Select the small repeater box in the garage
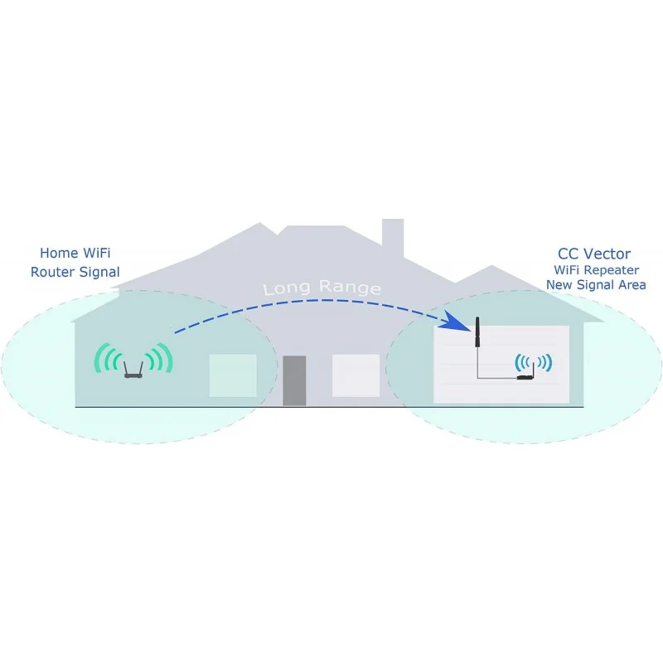(x=524, y=378)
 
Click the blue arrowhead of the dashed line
(x=453, y=322)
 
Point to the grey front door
(x=294, y=380)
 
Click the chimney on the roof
(x=393, y=238)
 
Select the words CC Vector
(x=595, y=254)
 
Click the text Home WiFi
(x=75, y=252)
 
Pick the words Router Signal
(x=75, y=272)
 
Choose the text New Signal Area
(x=595, y=285)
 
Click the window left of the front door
(x=232, y=375)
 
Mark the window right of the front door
(x=356, y=375)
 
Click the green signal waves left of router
(x=105, y=358)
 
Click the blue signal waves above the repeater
(x=533, y=362)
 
